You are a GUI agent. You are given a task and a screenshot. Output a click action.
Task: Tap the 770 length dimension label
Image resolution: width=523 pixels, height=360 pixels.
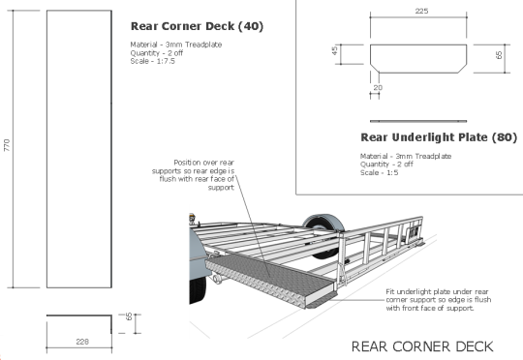pos(8,145)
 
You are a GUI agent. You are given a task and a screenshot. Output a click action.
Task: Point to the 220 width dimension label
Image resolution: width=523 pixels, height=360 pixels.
pos(82,341)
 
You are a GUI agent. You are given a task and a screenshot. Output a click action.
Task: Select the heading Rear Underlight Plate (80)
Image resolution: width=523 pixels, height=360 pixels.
pos(437,137)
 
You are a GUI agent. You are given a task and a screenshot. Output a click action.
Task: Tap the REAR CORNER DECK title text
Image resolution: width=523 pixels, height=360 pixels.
pos(421,345)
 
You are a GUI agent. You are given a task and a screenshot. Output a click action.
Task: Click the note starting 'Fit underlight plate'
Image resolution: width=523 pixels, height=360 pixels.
pos(437,299)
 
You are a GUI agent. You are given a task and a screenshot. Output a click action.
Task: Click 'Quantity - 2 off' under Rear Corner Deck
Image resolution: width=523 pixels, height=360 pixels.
pos(154,53)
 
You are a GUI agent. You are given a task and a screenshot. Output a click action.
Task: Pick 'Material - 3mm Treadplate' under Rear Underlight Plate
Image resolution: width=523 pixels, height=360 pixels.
pos(406,156)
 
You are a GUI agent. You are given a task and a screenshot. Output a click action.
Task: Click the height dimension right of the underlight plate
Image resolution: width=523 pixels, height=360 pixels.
pos(499,55)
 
